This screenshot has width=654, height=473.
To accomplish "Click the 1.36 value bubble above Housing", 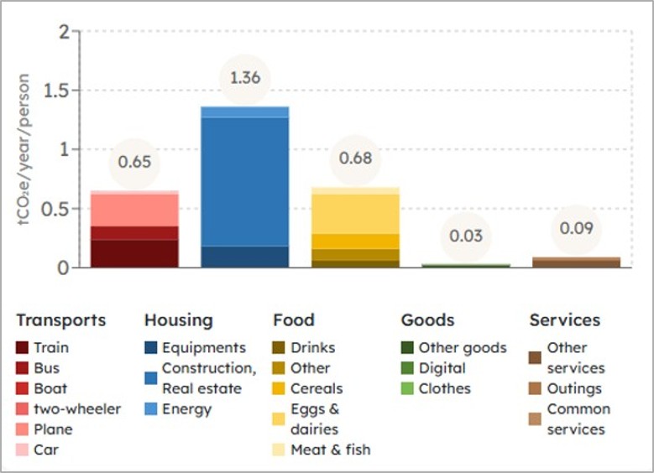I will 245,78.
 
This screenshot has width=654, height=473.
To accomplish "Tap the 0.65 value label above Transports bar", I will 134,162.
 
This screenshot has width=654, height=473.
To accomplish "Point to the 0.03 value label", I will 466,236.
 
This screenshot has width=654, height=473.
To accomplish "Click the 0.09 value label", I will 576,227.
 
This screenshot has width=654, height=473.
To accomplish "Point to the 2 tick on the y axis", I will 65,32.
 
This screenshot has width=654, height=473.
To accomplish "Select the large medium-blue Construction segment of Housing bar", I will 245,180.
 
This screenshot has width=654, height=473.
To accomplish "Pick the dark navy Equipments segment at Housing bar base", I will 245,257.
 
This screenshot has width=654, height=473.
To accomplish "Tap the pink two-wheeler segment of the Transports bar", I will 134,209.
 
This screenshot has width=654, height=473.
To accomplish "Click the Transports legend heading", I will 61,320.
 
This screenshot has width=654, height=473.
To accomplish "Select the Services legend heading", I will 564,320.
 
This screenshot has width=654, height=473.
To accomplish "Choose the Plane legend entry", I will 53,429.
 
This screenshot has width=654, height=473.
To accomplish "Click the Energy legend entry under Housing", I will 186,409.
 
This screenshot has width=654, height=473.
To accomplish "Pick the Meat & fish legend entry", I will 330,450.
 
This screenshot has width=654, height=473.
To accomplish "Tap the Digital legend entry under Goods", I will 442,368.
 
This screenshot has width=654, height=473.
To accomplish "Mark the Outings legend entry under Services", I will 574,388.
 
